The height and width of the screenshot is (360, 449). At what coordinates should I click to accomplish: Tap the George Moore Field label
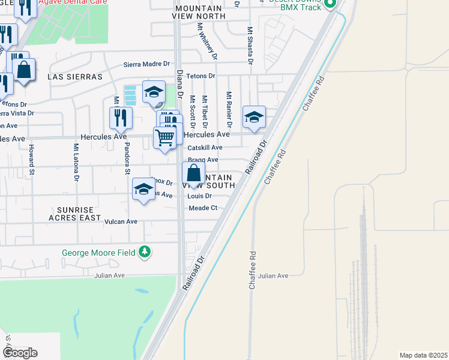point(99,253)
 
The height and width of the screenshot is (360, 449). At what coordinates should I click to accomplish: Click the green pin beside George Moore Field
point(144,252)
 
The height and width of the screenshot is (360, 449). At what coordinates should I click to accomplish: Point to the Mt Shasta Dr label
point(249,44)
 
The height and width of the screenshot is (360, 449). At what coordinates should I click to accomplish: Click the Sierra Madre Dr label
point(147,64)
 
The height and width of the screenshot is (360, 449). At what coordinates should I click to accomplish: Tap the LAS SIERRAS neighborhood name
point(75,77)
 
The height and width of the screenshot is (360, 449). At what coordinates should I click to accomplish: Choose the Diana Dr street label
point(179,83)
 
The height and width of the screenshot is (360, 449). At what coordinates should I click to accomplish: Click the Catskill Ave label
point(205,148)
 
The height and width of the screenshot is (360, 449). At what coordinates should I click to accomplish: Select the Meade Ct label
point(202,208)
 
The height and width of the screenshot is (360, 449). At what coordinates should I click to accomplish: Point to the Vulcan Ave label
point(122,221)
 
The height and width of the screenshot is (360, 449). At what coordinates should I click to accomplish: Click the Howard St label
point(31,156)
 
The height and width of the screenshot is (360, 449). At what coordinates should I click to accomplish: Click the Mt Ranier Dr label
point(229,108)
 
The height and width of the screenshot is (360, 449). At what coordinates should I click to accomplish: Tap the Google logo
point(20,353)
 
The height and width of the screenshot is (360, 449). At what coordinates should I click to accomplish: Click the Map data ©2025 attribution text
point(423,355)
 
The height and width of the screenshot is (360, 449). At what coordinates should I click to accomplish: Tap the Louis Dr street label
point(200,196)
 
